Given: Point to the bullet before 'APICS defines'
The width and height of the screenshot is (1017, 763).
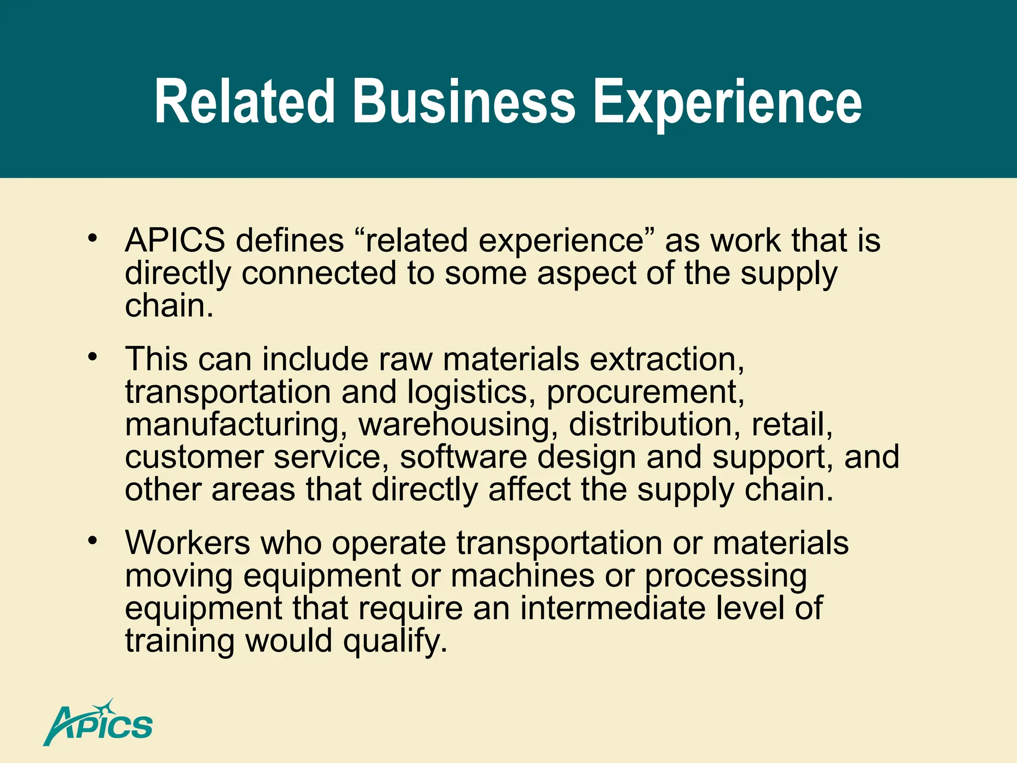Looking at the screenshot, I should [92, 238].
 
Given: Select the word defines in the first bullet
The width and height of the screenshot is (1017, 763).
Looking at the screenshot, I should [290, 240].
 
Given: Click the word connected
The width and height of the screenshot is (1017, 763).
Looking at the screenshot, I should [319, 273].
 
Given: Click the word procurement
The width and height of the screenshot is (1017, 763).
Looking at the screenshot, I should [645, 392].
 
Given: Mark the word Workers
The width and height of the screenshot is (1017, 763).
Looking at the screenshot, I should [188, 542].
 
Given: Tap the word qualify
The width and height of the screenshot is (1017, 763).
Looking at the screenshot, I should [395, 642].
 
